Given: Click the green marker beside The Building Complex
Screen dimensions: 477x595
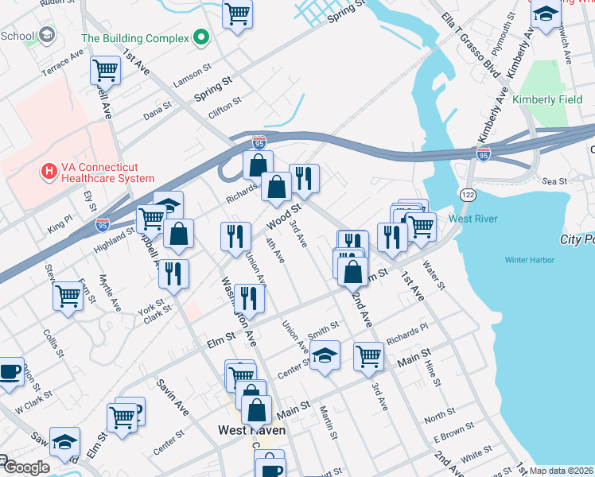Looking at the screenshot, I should point(202,37).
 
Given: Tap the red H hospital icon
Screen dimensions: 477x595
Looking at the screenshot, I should point(49,171).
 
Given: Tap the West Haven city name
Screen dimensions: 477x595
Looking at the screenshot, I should point(251,430).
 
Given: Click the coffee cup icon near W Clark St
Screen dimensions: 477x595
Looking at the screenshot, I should point(10,371).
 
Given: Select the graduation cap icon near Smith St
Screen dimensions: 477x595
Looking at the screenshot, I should point(325,355).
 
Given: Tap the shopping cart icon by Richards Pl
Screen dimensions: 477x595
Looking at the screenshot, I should point(368,355).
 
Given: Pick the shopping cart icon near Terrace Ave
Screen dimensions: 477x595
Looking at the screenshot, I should point(105,71).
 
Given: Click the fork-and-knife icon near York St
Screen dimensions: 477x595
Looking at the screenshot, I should point(173,273).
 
